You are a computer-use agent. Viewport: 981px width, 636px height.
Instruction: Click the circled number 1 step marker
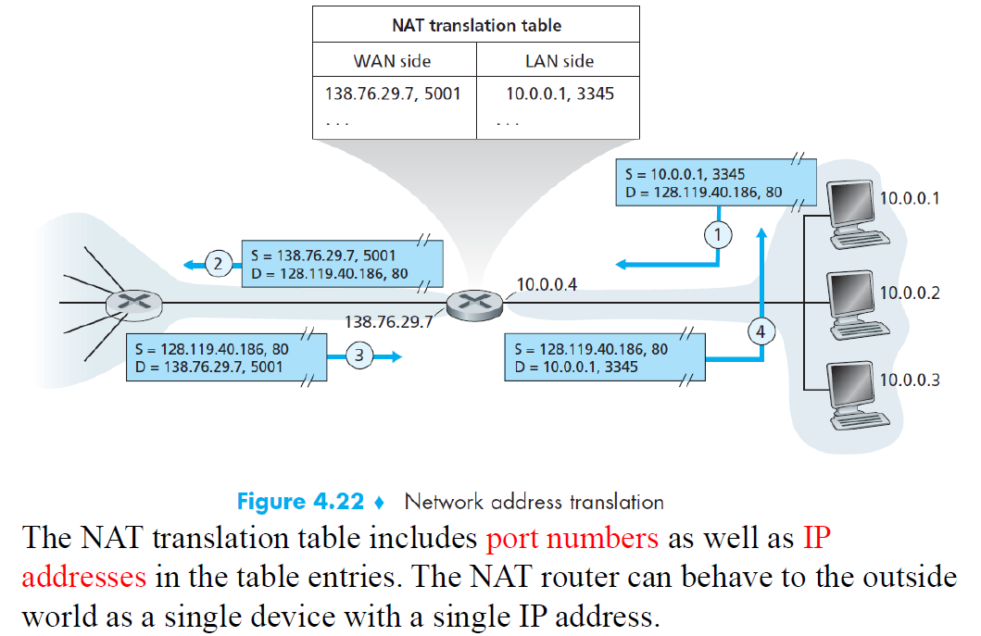point(716,234)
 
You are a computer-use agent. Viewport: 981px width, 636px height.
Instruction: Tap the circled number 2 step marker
point(218,265)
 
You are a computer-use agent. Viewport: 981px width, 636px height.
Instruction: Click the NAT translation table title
point(477,25)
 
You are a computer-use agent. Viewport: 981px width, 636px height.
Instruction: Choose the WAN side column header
point(392,61)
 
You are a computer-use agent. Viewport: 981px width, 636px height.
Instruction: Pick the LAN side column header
point(560,61)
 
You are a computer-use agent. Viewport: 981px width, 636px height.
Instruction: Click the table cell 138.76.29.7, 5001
point(393,94)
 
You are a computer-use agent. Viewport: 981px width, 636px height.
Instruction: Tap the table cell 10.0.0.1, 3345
point(560,94)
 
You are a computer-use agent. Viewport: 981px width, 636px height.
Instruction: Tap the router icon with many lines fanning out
point(133,302)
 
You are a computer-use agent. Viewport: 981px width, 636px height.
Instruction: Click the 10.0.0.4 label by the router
point(547,284)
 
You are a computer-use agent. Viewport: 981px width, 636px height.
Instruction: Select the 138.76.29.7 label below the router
point(387,322)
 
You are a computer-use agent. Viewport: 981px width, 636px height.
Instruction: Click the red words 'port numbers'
point(572,538)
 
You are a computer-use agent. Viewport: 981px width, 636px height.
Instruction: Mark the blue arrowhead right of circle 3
point(396,355)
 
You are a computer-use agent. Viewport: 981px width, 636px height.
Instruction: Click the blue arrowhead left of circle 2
point(189,265)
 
